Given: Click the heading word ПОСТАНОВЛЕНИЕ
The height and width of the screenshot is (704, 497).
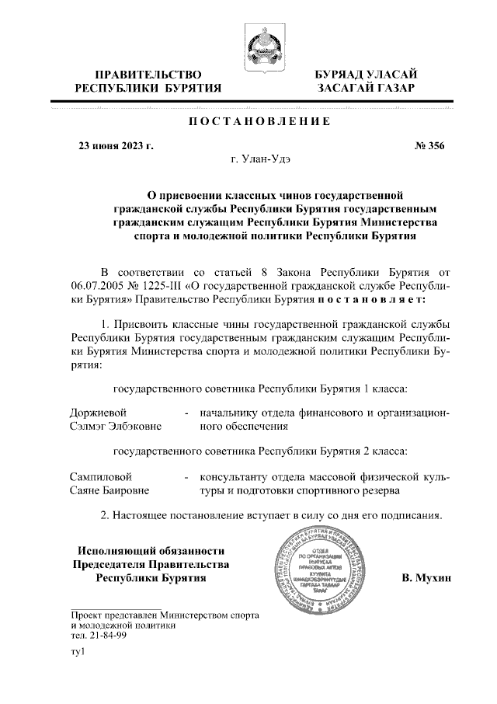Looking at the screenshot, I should click(260, 122).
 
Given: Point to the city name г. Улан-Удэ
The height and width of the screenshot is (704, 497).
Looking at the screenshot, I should click(261, 160).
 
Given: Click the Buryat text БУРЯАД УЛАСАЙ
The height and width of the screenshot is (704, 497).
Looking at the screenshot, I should click(367, 75).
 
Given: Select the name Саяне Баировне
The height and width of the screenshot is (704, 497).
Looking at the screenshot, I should click(110, 490).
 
